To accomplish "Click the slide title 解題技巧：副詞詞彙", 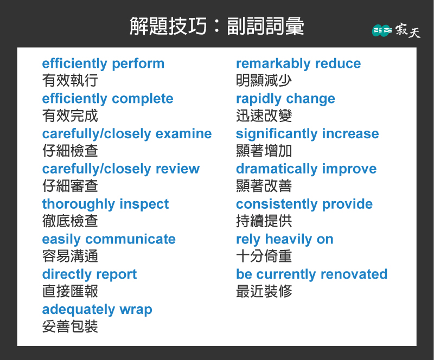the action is (x=216, y=26).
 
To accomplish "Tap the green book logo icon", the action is (x=382, y=30).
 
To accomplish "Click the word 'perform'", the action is (x=138, y=64).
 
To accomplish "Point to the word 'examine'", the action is (x=183, y=134).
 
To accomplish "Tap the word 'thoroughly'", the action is (x=78, y=204).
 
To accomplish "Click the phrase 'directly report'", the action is (x=90, y=274).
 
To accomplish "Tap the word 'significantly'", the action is (x=277, y=134).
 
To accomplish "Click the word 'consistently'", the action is (x=277, y=204).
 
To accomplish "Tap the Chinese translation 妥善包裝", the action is (x=70, y=326).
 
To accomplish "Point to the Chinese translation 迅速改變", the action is (x=264, y=115).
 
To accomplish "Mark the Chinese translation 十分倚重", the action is (x=264, y=256).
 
